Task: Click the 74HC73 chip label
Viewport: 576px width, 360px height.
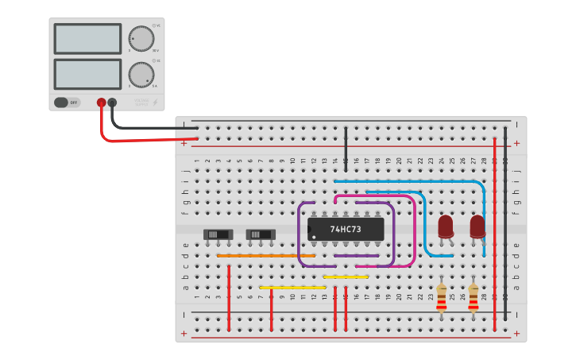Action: (x=346, y=230)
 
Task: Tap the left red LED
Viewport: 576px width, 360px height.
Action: (x=446, y=226)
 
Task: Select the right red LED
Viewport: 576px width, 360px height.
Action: (x=477, y=226)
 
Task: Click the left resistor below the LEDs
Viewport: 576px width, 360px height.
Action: (x=442, y=299)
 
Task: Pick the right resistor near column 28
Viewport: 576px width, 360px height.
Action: (x=474, y=299)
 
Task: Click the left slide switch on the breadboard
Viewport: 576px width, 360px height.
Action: (x=218, y=234)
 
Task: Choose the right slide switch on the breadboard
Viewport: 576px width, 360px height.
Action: (x=261, y=234)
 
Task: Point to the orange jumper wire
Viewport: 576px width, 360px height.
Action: (x=265, y=255)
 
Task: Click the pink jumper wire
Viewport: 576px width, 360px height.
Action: (x=413, y=230)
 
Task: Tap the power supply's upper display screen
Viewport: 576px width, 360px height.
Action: (x=87, y=38)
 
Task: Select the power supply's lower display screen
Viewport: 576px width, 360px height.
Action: (x=87, y=74)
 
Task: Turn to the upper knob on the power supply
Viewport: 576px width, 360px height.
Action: (x=141, y=38)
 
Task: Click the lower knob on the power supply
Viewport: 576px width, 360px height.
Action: (x=141, y=74)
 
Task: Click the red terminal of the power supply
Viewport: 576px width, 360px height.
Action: (x=101, y=103)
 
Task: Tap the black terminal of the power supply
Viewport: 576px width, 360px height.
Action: (x=112, y=103)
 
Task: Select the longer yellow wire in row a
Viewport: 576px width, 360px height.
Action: (x=292, y=287)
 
